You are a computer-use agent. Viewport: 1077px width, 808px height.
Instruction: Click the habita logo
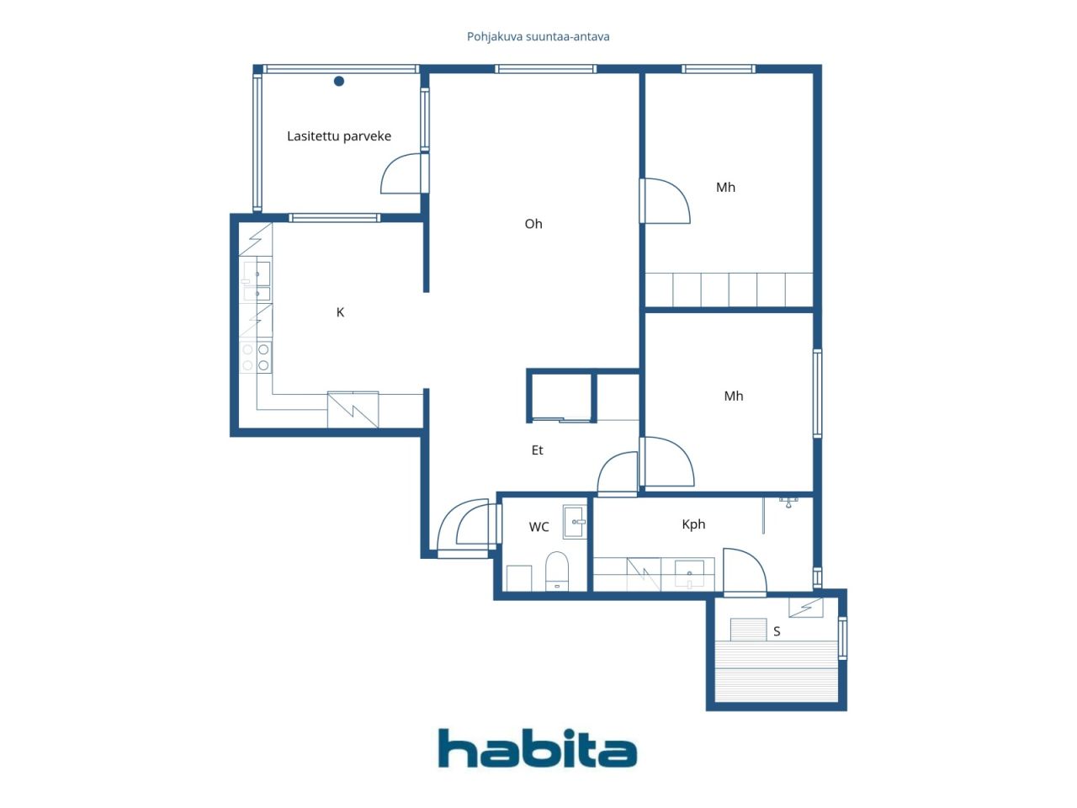[x=538, y=748]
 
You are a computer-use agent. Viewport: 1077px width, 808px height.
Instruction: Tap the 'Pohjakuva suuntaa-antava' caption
[x=538, y=37]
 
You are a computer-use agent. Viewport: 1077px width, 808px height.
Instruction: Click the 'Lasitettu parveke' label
[x=339, y=136]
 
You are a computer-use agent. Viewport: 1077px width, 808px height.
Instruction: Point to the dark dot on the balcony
[x=338, y=81]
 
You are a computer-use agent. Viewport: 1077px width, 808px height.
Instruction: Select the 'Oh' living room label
[x=533, y=224]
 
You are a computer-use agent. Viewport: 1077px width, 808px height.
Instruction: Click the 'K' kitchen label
[x=340, y=312]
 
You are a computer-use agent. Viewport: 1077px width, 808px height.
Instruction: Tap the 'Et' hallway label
[x=538, y=449]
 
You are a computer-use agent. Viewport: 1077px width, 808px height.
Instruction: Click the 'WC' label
[x=538, y=527]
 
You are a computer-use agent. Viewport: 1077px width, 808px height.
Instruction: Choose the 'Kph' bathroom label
[x=693, y=524]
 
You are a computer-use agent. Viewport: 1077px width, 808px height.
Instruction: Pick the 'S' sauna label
[x=777, y=631]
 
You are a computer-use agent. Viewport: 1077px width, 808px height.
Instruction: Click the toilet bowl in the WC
[x=557, y=571]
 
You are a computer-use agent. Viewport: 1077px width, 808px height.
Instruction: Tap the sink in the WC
[x=575, y=522]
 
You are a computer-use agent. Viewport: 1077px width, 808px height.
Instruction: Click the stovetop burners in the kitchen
[x=256, y=357]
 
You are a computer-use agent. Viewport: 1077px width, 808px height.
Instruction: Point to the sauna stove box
[x=748, y=630]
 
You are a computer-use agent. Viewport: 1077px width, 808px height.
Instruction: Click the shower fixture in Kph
[x=788, y=502]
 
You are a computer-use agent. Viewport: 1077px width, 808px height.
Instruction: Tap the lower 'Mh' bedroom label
[x=734, y=396]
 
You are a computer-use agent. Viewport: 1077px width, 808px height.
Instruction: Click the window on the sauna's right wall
[x=842, y=638]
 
